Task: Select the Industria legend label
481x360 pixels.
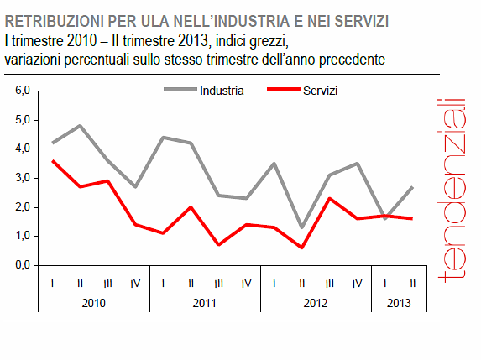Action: (222, 90)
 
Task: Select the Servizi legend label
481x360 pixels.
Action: (321, 90)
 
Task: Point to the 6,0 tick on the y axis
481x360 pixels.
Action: (23, 91)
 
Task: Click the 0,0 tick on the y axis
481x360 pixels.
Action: (23, 265)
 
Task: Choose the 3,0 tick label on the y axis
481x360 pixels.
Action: (23, 178)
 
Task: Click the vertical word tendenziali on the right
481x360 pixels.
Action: (453, 189)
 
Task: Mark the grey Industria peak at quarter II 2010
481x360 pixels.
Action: (81, 126)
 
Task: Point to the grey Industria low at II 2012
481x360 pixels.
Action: (302, 227)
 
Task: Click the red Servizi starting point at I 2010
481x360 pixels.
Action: (53, 160)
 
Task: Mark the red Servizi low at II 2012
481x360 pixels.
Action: (302, 248)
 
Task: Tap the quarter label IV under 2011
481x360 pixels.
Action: (246, 283)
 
